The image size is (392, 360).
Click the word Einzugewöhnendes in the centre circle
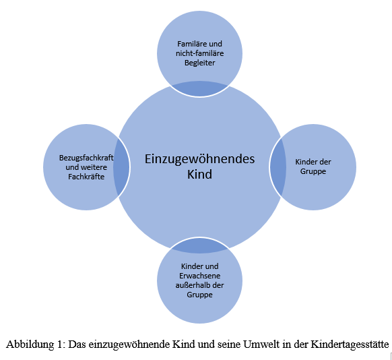(x=200, y=159)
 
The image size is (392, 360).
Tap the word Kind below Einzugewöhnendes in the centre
(x=199, y=174)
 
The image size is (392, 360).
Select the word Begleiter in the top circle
(x=199, y=63)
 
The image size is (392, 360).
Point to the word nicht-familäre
(x=200, y=53)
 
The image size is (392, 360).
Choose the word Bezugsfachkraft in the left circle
(x=86, y=158)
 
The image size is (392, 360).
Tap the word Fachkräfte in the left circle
(x=86, y=177)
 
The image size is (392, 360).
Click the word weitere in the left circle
(x=94, y=167)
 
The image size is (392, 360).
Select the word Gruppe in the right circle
(x=313, y=172)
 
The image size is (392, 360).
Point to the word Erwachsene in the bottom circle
(x=200, y=276)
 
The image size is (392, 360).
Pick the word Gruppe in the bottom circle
(x=199, y=295)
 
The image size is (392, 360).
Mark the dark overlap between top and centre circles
(x=199, y=88)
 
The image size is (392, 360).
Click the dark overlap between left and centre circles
(x=121, y=167)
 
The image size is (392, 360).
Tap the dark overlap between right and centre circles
(x=278, y=167)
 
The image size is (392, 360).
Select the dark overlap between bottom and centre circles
(x=199, y=245)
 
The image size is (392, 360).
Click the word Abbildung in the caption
(x=30, y=344)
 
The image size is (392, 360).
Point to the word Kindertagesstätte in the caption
(x=350, y=344)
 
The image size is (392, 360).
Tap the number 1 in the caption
(x=60, y=344)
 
